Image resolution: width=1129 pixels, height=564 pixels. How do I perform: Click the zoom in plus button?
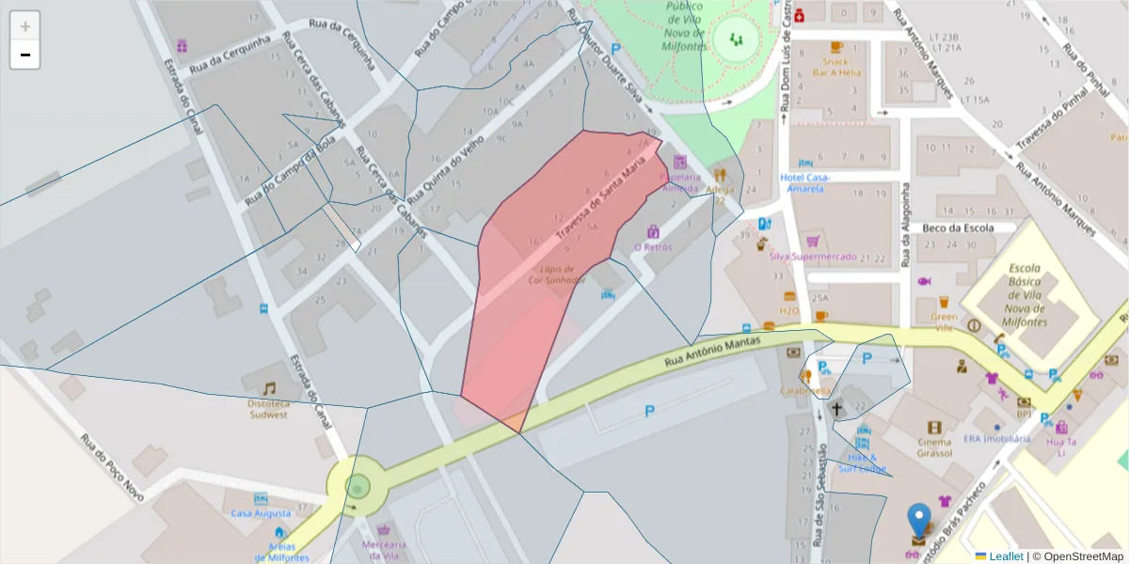coord(25,26)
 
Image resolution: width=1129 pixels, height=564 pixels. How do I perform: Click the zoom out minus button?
coord(25,55)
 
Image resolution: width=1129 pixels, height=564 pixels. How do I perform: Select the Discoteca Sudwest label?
coord(268,409)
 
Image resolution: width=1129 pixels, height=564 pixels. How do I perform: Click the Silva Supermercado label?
coord(813,257)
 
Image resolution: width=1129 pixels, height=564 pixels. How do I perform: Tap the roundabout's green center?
coord(358,486)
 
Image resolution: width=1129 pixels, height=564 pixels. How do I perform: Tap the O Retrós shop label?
coord(652,247)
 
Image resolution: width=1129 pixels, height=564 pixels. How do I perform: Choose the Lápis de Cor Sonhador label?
coord(556,274)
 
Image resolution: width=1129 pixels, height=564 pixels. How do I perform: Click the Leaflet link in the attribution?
coord(1005,556)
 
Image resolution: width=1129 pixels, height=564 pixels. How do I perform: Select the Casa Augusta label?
coord(261,513)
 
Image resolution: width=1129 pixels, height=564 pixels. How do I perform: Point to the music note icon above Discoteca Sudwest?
coord(269,388)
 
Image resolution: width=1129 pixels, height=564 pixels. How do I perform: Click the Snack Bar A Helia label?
coord(836,66)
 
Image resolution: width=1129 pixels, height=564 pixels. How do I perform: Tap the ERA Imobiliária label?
coord(996,439)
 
